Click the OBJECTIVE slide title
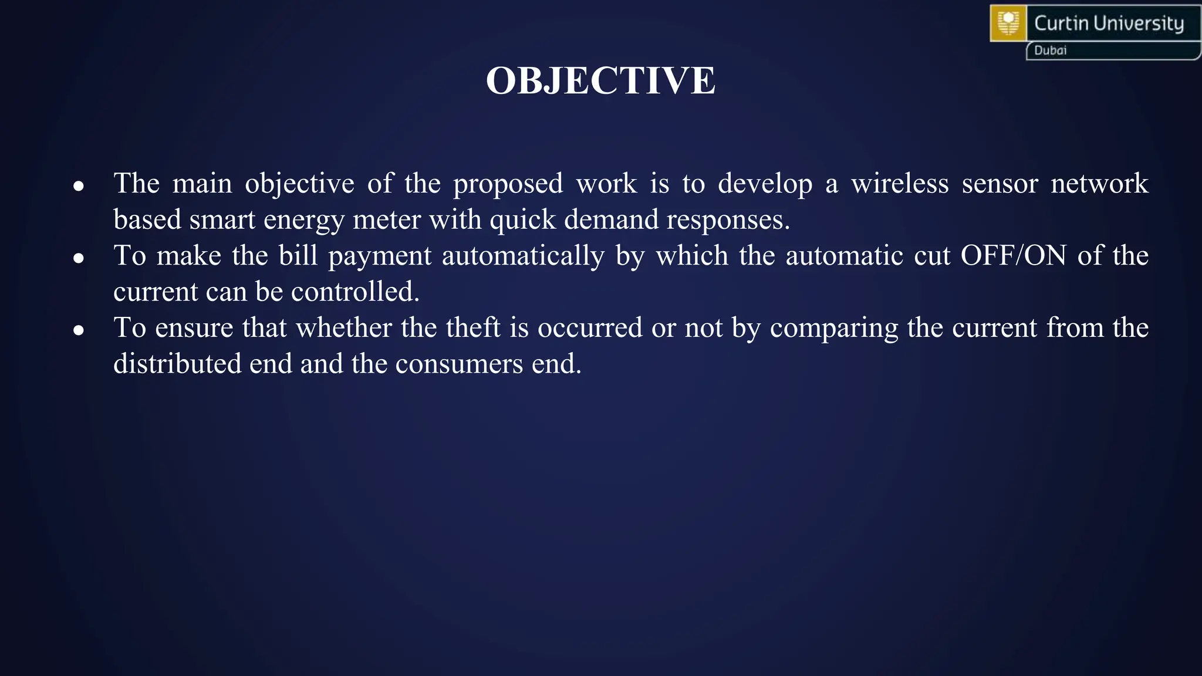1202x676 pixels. (x=600, y=80)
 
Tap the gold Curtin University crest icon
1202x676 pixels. (x=1008, y=23)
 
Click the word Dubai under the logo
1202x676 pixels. (x=1050, y=50)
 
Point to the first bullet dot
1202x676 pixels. (x=79, y=187)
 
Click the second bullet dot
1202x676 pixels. (x=79, y=258)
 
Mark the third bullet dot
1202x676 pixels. (x=79, y=330)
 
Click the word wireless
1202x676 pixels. (x=900, y=184)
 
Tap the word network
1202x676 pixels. (x=1099, y=184)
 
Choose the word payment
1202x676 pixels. (x=380, y=256)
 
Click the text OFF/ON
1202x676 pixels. (x=1013, y=256)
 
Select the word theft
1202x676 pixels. (x=473, y=327)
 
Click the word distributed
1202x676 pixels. (x=177, y=364)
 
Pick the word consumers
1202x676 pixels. (x=459, y=364)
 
